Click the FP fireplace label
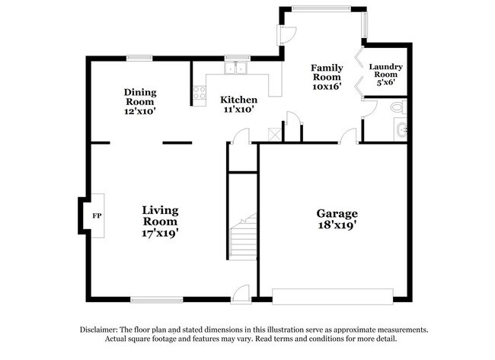pyautogui.click(x=96, y=216)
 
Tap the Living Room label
pyautogui.click(x=161, y=215)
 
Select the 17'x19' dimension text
pyautogui.click(x=161, y=234)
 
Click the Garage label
pyautogui.click(x=337, y=214)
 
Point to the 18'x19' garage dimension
pyautogui.click(x=337, y=226)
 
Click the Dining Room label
pyautogui.click(x=140, y=97)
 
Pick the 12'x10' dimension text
pyautogui.click(x=140, y=111)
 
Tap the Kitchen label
pyautogui.click(x=238, y=100)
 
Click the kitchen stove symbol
pyautogui.click(x=200, y=94)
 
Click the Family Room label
pyautogui.click(x=326, y=72)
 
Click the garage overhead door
pyautogui.click(x=334, y=295)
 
